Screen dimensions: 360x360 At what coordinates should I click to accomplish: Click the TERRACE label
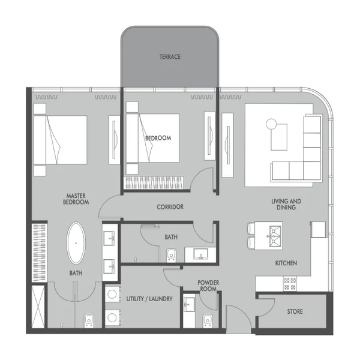[x=170, y=57]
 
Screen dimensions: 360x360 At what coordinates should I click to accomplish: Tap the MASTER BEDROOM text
[x=77, y=199]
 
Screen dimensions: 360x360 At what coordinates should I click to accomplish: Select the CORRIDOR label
[x=170, y=207]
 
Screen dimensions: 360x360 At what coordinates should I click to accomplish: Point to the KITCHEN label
[x=286, y=263]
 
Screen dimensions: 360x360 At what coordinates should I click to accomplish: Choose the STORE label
[x=294, y=312]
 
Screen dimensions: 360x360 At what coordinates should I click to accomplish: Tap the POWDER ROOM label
[x=208, y=286]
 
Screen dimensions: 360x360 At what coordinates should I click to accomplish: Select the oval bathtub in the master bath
[x=76, y=243]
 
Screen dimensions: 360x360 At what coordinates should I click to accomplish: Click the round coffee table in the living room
[x=271, y=124]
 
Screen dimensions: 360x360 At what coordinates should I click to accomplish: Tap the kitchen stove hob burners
[x=290, y=282]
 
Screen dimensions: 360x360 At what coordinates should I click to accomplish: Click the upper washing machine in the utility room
[x=111, y=295]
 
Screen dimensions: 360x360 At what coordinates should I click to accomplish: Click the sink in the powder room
[x=189, y=305]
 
